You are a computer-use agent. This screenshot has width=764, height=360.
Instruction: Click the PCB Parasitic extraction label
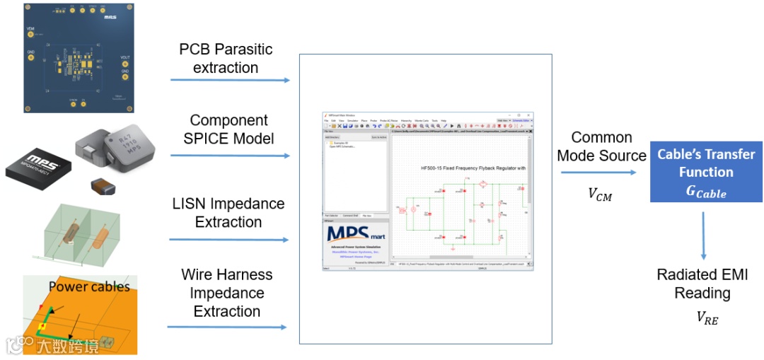point(226,59)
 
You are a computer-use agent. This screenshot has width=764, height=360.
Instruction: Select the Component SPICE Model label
point(228,129)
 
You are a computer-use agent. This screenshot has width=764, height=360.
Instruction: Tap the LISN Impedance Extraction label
point(228,212)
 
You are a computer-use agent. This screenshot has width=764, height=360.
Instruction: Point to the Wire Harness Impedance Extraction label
point(226,293)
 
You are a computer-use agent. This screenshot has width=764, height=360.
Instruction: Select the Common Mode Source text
point(601,146)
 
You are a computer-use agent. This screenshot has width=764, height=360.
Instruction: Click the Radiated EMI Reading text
point(702,284)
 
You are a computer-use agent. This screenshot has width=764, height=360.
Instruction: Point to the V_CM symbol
point(599,194)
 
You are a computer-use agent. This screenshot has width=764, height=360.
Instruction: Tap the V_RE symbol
point(706,318)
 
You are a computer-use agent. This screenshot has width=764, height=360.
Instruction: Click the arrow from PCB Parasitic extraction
point(230,80)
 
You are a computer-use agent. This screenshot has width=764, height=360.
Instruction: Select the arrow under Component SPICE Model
point(230,155)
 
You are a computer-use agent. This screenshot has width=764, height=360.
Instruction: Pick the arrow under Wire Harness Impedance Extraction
point(226,327)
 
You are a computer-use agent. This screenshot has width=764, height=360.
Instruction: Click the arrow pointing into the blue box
point(602,172)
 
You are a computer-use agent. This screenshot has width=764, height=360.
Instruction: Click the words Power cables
point(89,286)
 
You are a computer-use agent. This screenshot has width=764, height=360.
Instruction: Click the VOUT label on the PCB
point(125,57)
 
